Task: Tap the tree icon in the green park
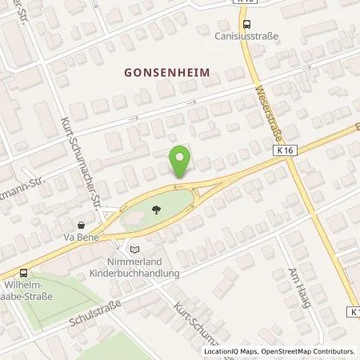(x=156, y=208)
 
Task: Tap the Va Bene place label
(x=80, y=237)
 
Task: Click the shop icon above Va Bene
(x=81, y=225)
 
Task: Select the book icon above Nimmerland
(x=134, y=250)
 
